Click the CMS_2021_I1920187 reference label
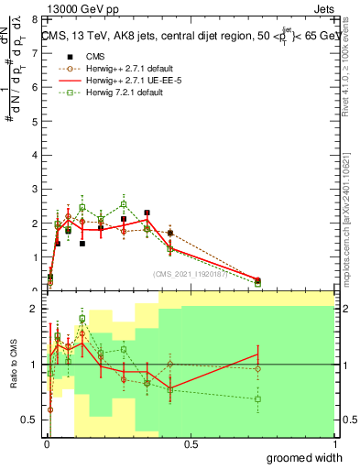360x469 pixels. tap(190, 274)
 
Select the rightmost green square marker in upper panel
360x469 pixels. tap(257, 284)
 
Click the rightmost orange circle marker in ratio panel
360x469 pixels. tap(257, 369)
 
